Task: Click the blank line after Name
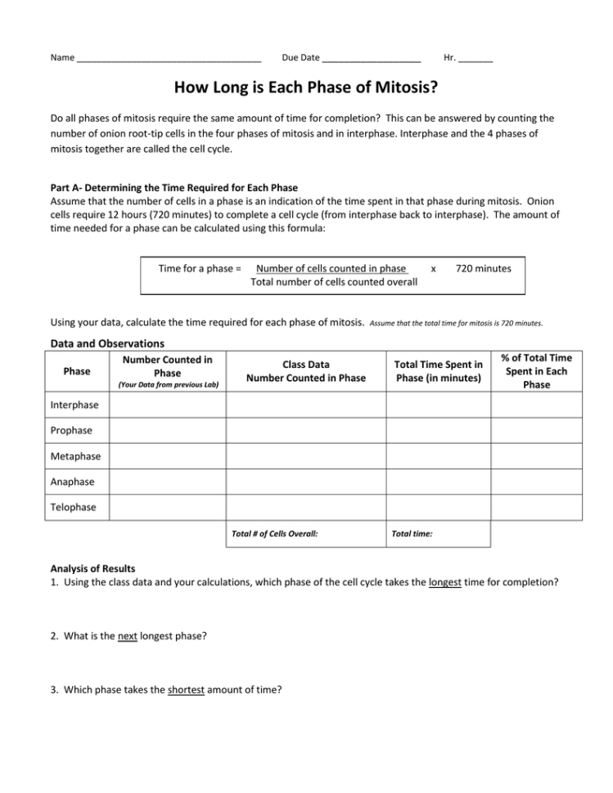pos(168,59)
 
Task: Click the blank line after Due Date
pos(372,59)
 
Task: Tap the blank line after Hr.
pos(476,59)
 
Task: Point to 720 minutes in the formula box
pos(483,268)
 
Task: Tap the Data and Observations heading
pos(107,343)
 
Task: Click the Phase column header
pos(77,371)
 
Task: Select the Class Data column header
pos(306,371)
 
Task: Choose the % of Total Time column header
pos(537,371)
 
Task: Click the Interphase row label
pos(74,405)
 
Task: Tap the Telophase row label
pos(74,507)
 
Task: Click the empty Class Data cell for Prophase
pos(306,430)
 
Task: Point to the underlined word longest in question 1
pos(446,582)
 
